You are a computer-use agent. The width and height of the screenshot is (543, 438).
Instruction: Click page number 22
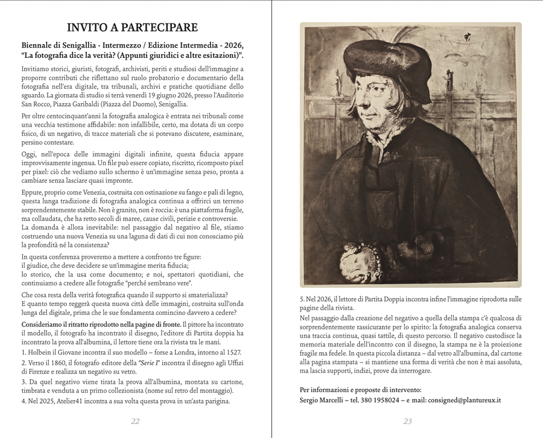135,421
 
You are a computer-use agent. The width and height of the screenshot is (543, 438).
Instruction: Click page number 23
408,421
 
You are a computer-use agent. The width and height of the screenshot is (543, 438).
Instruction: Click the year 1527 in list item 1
233,351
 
